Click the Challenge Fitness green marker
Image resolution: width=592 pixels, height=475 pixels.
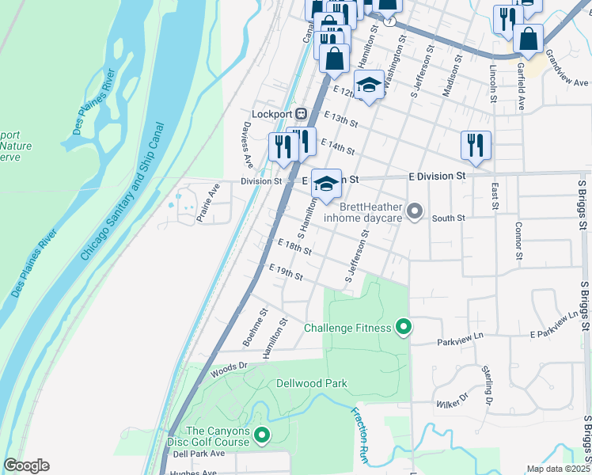pyautogui.click(x=403, y=327)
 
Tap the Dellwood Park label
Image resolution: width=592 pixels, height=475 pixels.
pyautogui.click(x=312, y=383)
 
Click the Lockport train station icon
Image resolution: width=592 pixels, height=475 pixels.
pyautogui.click(x=300, y=112)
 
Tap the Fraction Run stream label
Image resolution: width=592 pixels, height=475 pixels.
pyautogui.click(x=360, y=434)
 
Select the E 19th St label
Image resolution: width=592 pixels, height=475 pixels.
pyautogui.click(x=287, y=272)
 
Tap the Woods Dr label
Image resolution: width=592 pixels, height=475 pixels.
pyautogui.click(x=229, y=369)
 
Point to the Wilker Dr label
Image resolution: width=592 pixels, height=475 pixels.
pyautogui.click(x=452, y=400)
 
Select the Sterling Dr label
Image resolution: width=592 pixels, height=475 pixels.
pyautogui.click(x=488, y=386)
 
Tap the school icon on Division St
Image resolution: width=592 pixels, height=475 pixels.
pyautogui.click(x=325, y=183)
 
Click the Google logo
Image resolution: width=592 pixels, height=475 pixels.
pyautogui.click(x=26, y=465)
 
